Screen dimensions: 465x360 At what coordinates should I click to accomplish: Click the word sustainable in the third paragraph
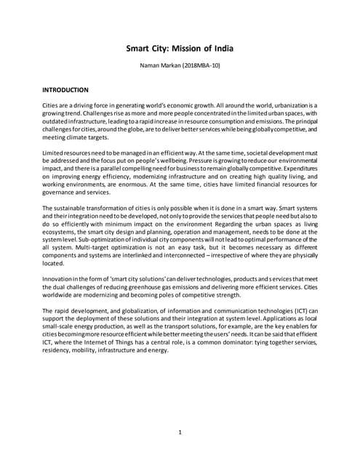(73, 231)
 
